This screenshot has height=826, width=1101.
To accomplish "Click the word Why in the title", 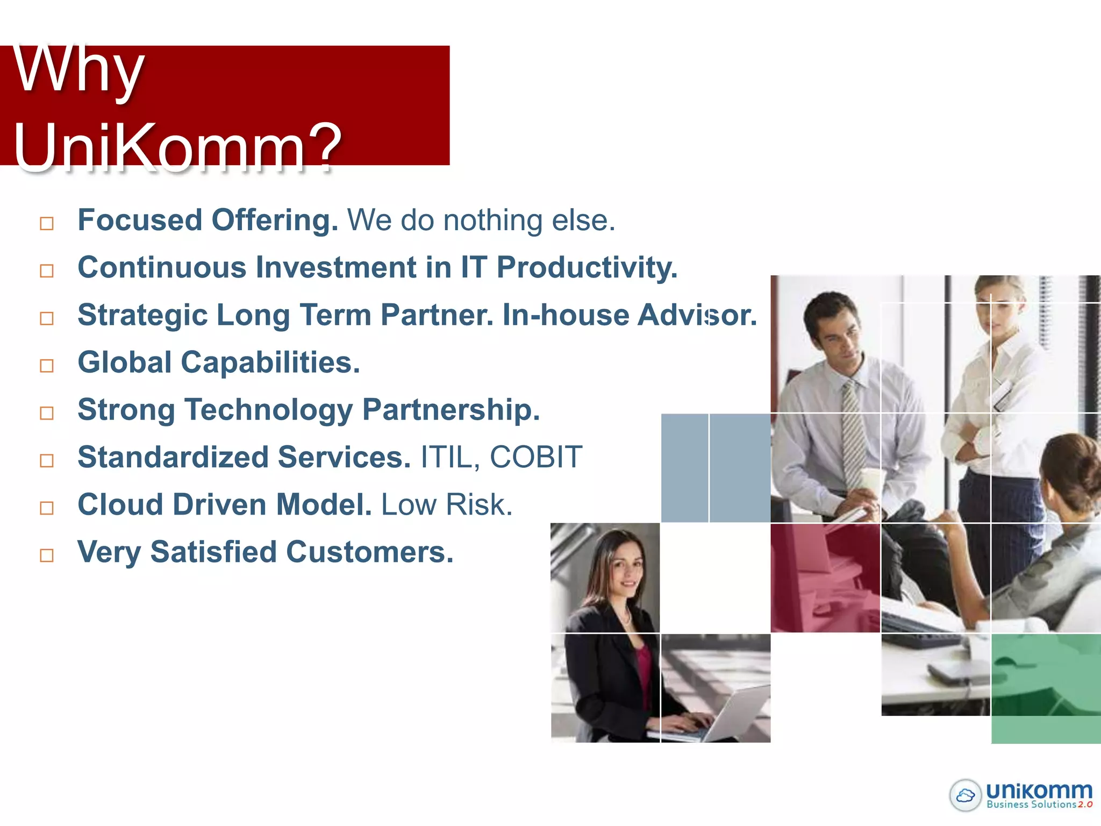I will pyautogui.click(x=78, y=70).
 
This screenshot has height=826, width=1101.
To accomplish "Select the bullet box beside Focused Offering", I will pyautogui.click(x=47, y=223).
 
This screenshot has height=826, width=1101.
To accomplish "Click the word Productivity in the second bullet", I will pyautogui.click(x=586, y=267).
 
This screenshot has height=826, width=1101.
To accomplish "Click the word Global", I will pyautogui.click(x=125, y=362).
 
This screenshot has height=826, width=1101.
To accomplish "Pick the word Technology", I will pyautogui.click(x=269, y=410).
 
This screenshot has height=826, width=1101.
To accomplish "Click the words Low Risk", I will pyautogui.click(x=446, y=505).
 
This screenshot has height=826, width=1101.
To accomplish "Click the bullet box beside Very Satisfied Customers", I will pyautogui.click(x=47, y=555).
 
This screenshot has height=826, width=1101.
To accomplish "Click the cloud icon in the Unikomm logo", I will pyautogui.click(x=966, y=795).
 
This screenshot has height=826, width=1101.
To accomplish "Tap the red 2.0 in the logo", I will pyautogui.click(x=1085, y=804).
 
